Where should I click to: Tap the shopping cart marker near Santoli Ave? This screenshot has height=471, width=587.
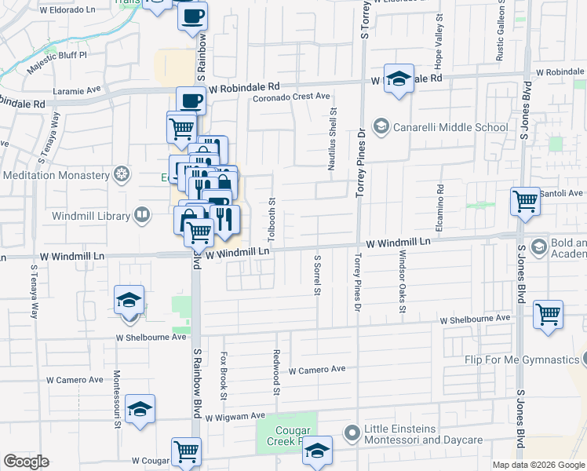(525, 201)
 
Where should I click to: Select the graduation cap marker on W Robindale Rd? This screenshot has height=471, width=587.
(399, 78)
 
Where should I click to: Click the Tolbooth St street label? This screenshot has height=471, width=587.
(272, 220)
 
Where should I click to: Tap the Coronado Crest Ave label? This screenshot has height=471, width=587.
(290, 97)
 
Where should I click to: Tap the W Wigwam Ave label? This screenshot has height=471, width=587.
(236, 417)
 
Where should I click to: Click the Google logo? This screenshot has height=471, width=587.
(27, 462)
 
